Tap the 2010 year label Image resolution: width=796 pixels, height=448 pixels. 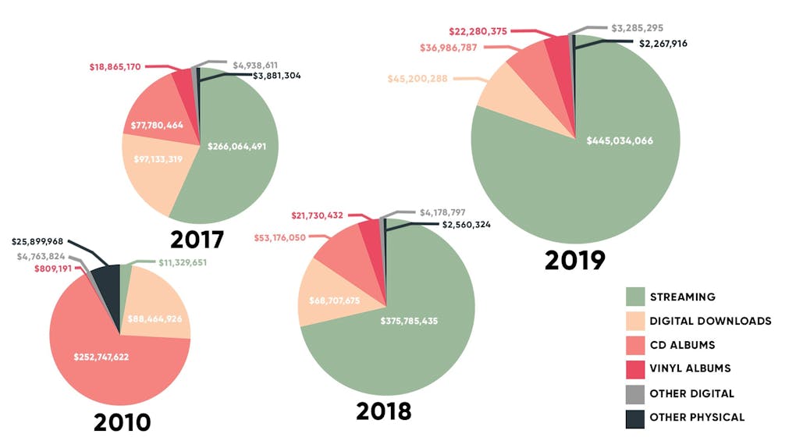point(122,422)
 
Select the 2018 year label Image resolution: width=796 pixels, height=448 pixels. point(383,411)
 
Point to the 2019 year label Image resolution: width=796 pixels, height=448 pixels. point(575,260)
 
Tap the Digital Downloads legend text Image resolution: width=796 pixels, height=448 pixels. point(710,321)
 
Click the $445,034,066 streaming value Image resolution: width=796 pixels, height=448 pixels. point(620,140)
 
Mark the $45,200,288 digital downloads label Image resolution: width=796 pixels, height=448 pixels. point(417,78)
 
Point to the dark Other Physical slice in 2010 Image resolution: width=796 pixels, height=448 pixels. point(105,279)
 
